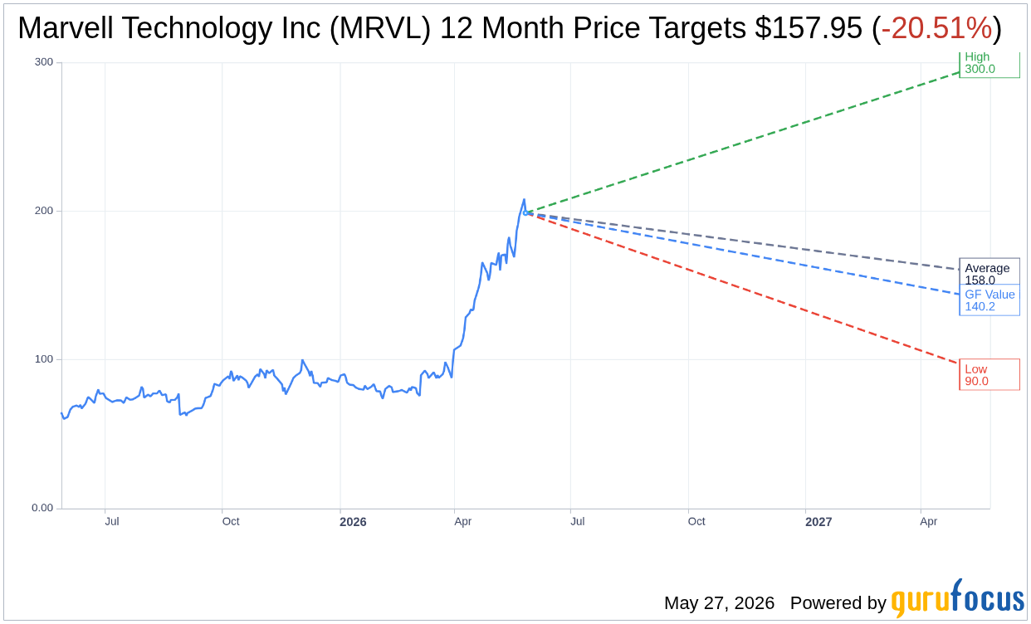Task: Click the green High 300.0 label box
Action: pos(989,64)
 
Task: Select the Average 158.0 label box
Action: pos(989,272)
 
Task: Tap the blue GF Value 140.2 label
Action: pos(989,300)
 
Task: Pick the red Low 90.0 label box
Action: pos(989,374)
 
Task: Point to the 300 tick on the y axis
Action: pos(44,62)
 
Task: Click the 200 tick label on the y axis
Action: pos(44,211)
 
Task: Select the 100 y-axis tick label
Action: pos(44,359)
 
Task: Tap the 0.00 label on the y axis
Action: pos(42,508)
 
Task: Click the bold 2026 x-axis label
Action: pos(353,522)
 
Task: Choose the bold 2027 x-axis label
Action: pos(818,522)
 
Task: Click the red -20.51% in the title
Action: pos(936,28)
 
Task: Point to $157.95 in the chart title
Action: pos(809,28)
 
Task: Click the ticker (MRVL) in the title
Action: pos(379,28)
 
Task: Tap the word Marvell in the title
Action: pos(66,28)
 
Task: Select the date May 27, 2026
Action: pos(719,602)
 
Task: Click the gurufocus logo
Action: pos(958,598)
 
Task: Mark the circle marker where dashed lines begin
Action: pos(525,213)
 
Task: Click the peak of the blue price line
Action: pos(524,199)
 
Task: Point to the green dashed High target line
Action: pos(743,142)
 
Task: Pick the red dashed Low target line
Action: pos(743,289)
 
